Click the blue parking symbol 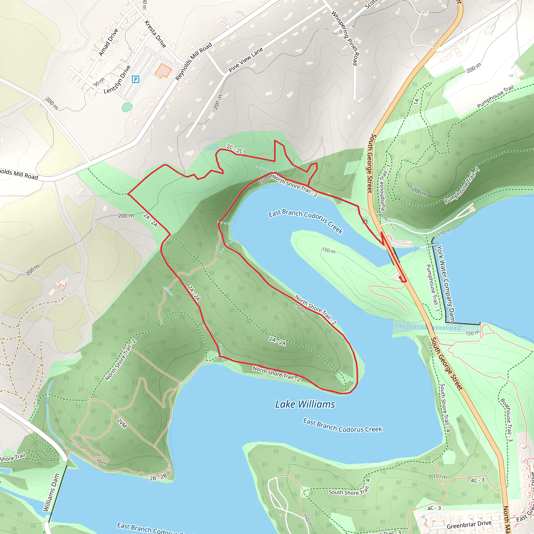click(x=135, y=79)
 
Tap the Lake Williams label click(x=305, y=404)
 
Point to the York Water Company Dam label click(x=445, y=284)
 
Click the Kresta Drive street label click(x=155, y=34)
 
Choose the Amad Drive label click(x=108, y=42)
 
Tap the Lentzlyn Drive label click(x=117, y=80)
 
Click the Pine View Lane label click(x=246, y=60)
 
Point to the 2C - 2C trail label click(x=235, y=149)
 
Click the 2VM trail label click(x=122, y=423)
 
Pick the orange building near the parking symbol click(x=163, y=70)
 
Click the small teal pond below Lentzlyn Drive click(x=127, y=107)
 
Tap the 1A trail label click(x=416, y=101)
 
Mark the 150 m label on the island click(x=329, y=250)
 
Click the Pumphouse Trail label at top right click(x=495, y=97)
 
